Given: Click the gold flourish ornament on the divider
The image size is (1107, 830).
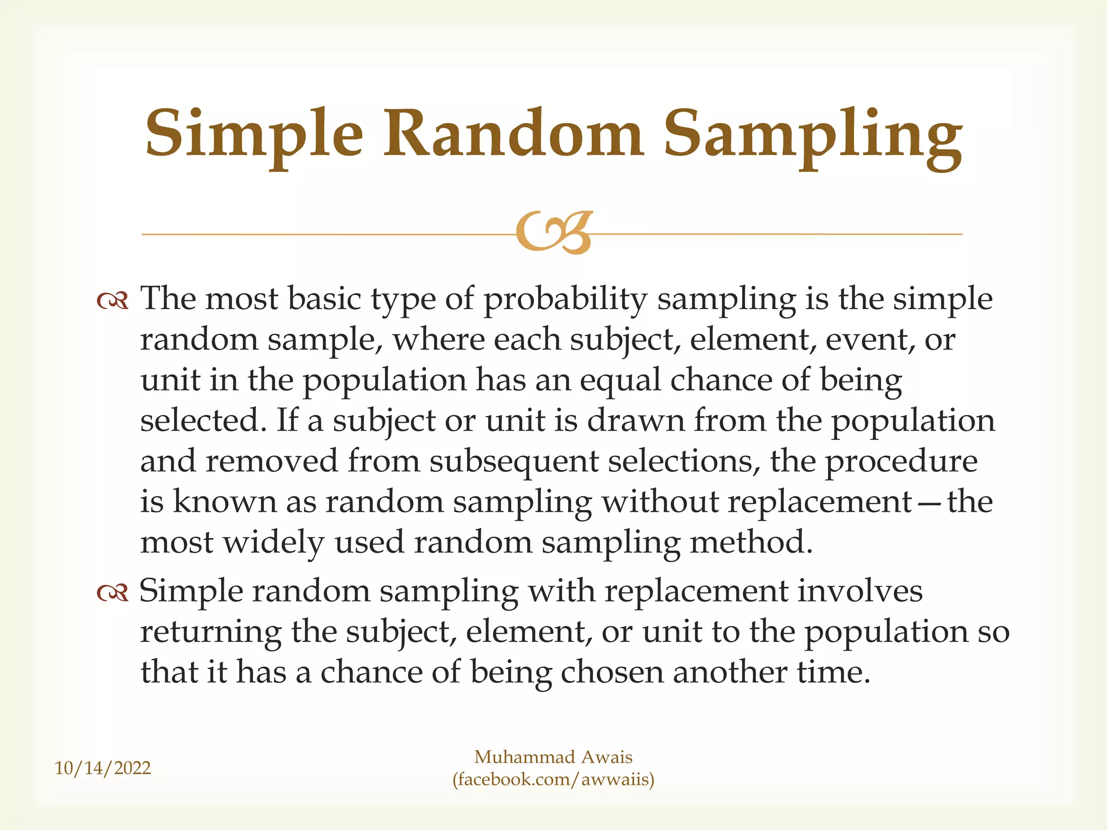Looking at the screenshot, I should click(553, 233).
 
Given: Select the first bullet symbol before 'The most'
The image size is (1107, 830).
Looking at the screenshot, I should click(112, 302).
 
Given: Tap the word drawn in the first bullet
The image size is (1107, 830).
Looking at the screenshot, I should click(635, 421).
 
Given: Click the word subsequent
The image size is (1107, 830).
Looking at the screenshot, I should click(514, 463).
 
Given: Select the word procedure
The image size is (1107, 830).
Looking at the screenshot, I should click(901, 463).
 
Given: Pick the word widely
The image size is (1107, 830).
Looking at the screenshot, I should click(274, 544).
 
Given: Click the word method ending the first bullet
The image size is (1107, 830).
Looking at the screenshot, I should click(751, 543).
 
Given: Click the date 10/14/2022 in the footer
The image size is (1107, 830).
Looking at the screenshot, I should click(103, 768).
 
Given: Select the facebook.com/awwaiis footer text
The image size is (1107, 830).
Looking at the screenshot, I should click(553, 780).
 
